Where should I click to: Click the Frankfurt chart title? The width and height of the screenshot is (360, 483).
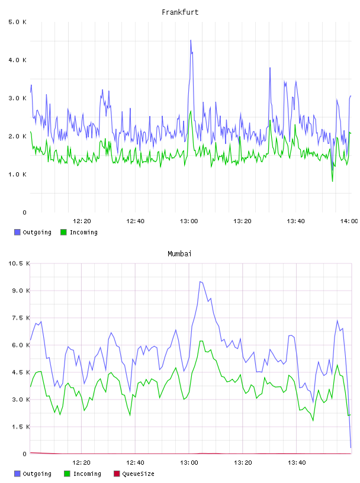[180, 12]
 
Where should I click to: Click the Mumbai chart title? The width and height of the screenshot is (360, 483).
[179, 254]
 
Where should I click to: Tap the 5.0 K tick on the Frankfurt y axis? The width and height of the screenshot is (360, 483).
[18, 22]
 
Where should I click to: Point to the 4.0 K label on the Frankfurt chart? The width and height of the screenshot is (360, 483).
[18, 60]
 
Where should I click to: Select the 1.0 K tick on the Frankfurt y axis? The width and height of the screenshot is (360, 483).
[18, 175]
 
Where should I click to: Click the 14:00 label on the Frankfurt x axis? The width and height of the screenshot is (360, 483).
[349, 221]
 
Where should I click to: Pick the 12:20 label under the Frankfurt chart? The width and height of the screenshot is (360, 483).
[82, 221]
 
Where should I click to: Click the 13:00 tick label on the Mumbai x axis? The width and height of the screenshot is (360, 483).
[189, 462]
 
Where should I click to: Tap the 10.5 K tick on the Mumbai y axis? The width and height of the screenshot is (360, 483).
[19, 263]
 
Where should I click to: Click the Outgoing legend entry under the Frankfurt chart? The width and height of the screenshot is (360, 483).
[33, 232]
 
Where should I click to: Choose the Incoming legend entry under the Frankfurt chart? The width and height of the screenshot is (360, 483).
[79, 232]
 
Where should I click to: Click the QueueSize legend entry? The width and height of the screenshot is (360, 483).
[134, 474]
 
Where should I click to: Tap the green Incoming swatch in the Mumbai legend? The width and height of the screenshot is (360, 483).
[67, 474]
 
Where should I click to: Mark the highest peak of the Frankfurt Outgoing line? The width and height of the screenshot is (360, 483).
[191, 40]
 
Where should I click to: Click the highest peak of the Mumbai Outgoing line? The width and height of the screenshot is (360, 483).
[200, 282]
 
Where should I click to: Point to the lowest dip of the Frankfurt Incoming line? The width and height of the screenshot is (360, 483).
[332, 181]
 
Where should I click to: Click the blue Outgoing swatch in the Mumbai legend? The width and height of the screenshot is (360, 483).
[17, 474]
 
